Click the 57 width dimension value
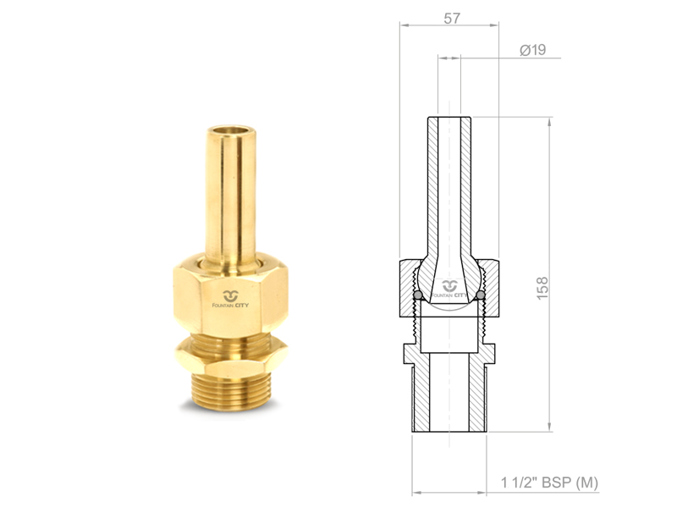[x=452, y=19]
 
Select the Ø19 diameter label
[x=533, y=50]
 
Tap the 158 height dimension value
[x=542, y=289]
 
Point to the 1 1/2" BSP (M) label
[x=549, y=483]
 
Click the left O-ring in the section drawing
[x=418, y=295]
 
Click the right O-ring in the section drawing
[x=480, y=295]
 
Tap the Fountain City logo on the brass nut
[x=230, y=299]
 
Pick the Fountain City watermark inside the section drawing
[x=449, y=289]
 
